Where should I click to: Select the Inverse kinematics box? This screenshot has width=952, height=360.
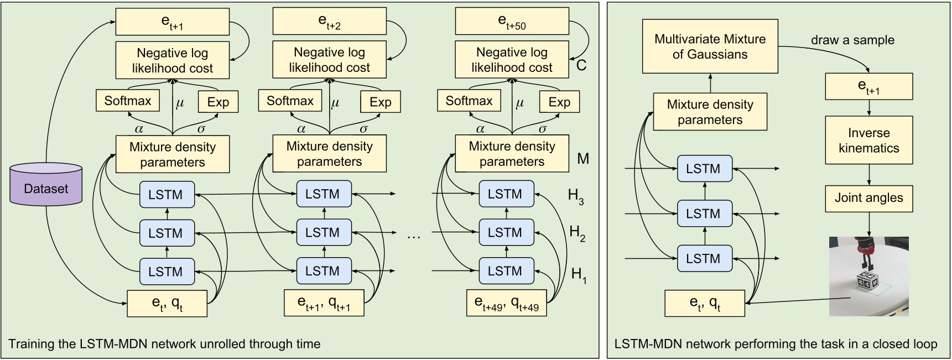coord(868,140)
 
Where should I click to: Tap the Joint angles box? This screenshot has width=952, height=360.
coord(868,198)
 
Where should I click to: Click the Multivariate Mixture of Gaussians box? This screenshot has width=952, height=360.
coord(710,47)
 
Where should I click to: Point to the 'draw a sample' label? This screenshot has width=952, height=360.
coord(852,40)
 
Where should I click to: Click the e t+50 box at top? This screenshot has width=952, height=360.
coord(512,22)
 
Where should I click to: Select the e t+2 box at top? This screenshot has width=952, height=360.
coord(330,22)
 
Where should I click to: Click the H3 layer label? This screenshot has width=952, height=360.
coord(576,196)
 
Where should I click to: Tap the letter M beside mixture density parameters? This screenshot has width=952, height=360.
coord(582,159)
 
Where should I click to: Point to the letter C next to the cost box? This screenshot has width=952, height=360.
coord(581,66)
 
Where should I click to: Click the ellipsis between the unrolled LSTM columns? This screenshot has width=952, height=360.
coord(414,236)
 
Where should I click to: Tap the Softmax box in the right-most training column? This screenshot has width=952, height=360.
coord(469,101)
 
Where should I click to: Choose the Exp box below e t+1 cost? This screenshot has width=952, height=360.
coord(218,102)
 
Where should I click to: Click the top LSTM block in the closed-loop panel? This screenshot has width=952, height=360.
coord(704,169)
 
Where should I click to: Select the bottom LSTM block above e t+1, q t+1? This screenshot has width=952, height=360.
coord(324,271)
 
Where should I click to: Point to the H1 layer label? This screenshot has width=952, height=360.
coord(579,274)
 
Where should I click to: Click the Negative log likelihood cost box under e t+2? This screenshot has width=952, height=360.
coord(330,60)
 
